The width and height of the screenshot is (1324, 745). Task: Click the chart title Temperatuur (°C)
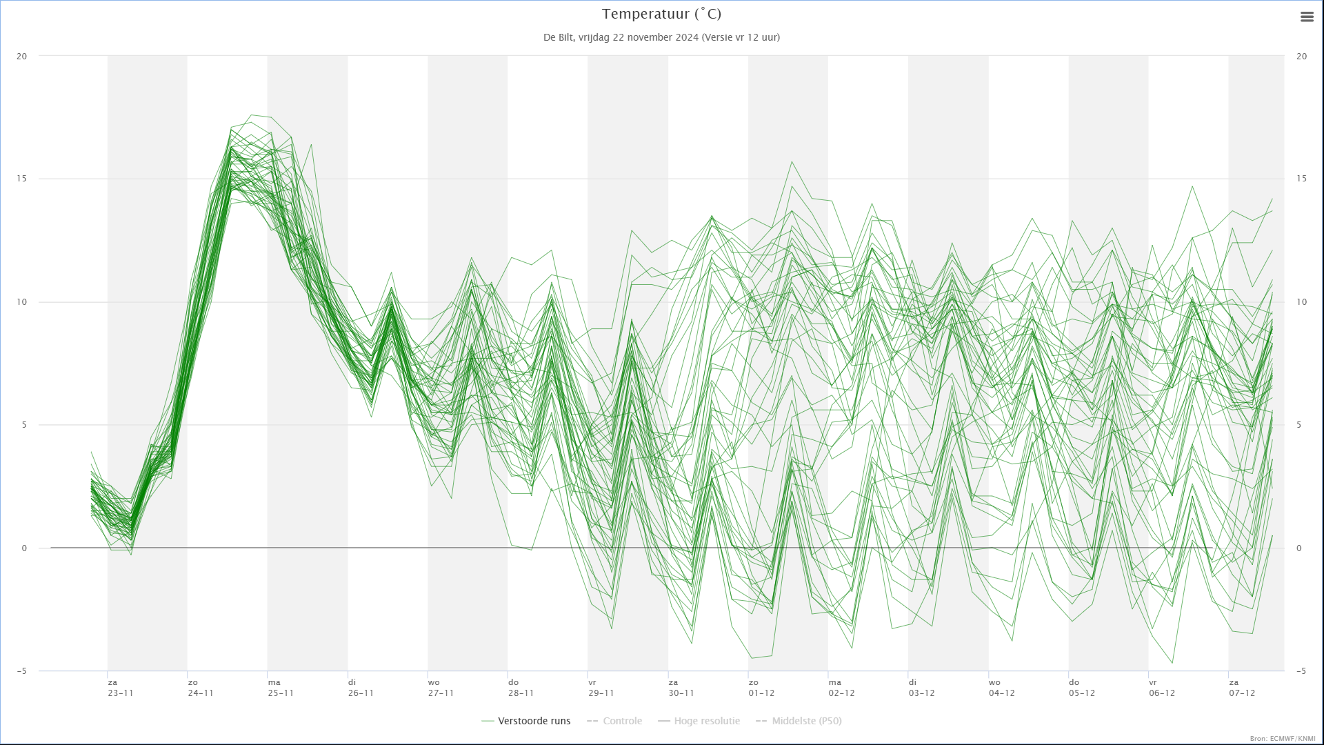(661, 14)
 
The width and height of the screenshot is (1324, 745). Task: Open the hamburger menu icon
(1307, 17)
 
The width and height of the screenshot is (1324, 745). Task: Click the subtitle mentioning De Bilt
(661, 37)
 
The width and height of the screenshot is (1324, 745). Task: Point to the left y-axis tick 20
(22, 57)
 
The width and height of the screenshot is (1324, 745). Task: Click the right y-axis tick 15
(1301, 179)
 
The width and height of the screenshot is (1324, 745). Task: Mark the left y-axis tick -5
(22, 671)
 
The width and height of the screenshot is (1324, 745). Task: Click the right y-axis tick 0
(1299, 548)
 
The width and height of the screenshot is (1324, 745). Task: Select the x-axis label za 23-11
(121, 688)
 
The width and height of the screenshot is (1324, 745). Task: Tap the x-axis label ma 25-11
(281, 688)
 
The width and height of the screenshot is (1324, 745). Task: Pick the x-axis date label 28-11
(521, 693)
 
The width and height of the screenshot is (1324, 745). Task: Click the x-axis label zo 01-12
(761, 688)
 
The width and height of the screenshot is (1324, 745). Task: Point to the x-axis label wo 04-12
(1002, 688)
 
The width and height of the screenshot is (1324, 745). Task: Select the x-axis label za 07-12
(1242, 688)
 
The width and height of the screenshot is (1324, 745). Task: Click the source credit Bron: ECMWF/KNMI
(1283, 739)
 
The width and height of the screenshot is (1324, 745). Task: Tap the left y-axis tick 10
(22, 302)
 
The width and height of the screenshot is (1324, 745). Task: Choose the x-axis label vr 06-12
(1162, 688)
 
